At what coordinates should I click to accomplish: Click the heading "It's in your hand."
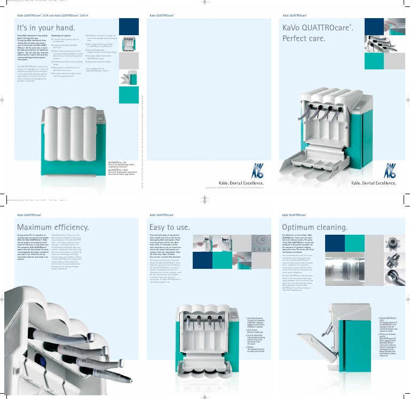[46, 27]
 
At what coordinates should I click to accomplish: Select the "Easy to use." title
[170, 228]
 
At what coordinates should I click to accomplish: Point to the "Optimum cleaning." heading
[314, 228]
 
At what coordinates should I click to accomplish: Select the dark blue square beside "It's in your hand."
[129, 26]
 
